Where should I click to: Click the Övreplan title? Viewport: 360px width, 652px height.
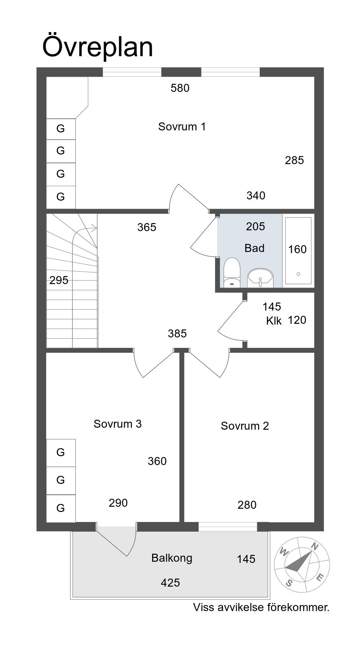98,47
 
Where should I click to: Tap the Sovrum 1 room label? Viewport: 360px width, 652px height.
182,127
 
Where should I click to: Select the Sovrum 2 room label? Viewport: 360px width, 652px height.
245,426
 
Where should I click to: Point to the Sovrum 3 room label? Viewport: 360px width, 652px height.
117,424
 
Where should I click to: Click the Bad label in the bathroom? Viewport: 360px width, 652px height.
254,248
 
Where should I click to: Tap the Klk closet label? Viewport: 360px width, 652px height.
274,321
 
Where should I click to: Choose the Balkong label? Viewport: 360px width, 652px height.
172,558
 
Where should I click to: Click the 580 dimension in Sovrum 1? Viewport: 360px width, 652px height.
180,88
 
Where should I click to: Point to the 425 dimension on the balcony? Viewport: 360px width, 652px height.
171,583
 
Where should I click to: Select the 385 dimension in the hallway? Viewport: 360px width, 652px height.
177,333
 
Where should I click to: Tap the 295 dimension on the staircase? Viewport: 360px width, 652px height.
59,280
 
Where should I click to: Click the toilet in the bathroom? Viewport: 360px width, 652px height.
232,272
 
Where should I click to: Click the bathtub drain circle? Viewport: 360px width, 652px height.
298,274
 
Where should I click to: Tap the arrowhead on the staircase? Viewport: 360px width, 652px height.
94,228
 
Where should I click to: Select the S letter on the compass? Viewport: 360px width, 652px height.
289,583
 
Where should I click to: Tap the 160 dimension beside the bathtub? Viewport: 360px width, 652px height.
297,250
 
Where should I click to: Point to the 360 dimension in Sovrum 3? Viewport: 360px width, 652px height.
157,461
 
